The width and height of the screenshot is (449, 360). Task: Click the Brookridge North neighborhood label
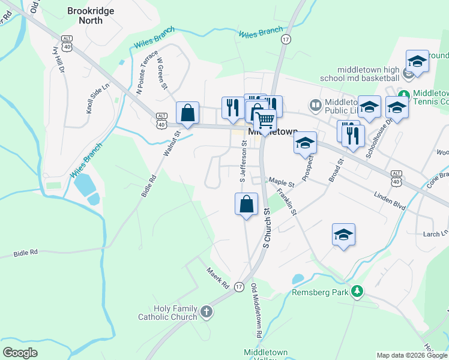pos(85,16)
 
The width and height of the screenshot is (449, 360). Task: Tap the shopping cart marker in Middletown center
pos(265,119)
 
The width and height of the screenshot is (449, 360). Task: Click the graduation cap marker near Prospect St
pos(305,143)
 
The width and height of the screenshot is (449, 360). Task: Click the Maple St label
pos(281,181)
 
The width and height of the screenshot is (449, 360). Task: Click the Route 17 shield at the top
pos(286,39)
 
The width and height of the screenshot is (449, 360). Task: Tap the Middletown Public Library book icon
pos(315,106)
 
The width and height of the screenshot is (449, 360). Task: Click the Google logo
pos(20,353)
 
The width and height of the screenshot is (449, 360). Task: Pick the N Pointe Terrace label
pos(147,73)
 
